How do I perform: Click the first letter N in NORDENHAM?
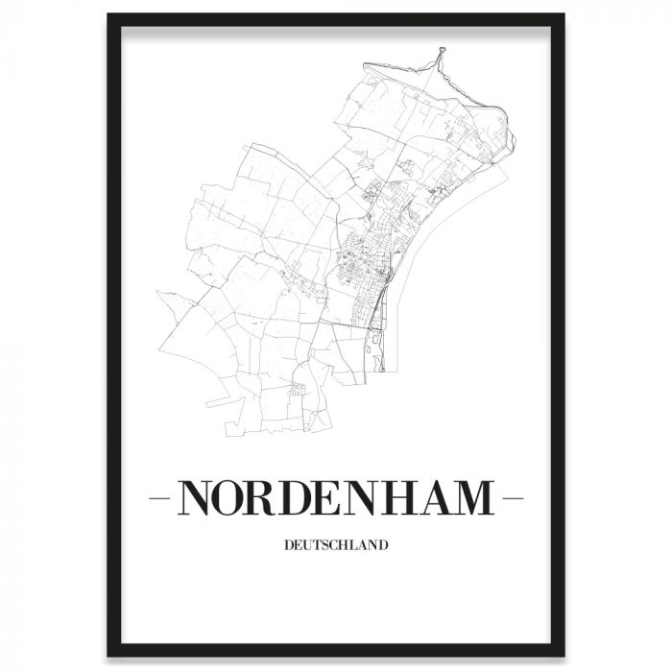coord(199,499)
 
